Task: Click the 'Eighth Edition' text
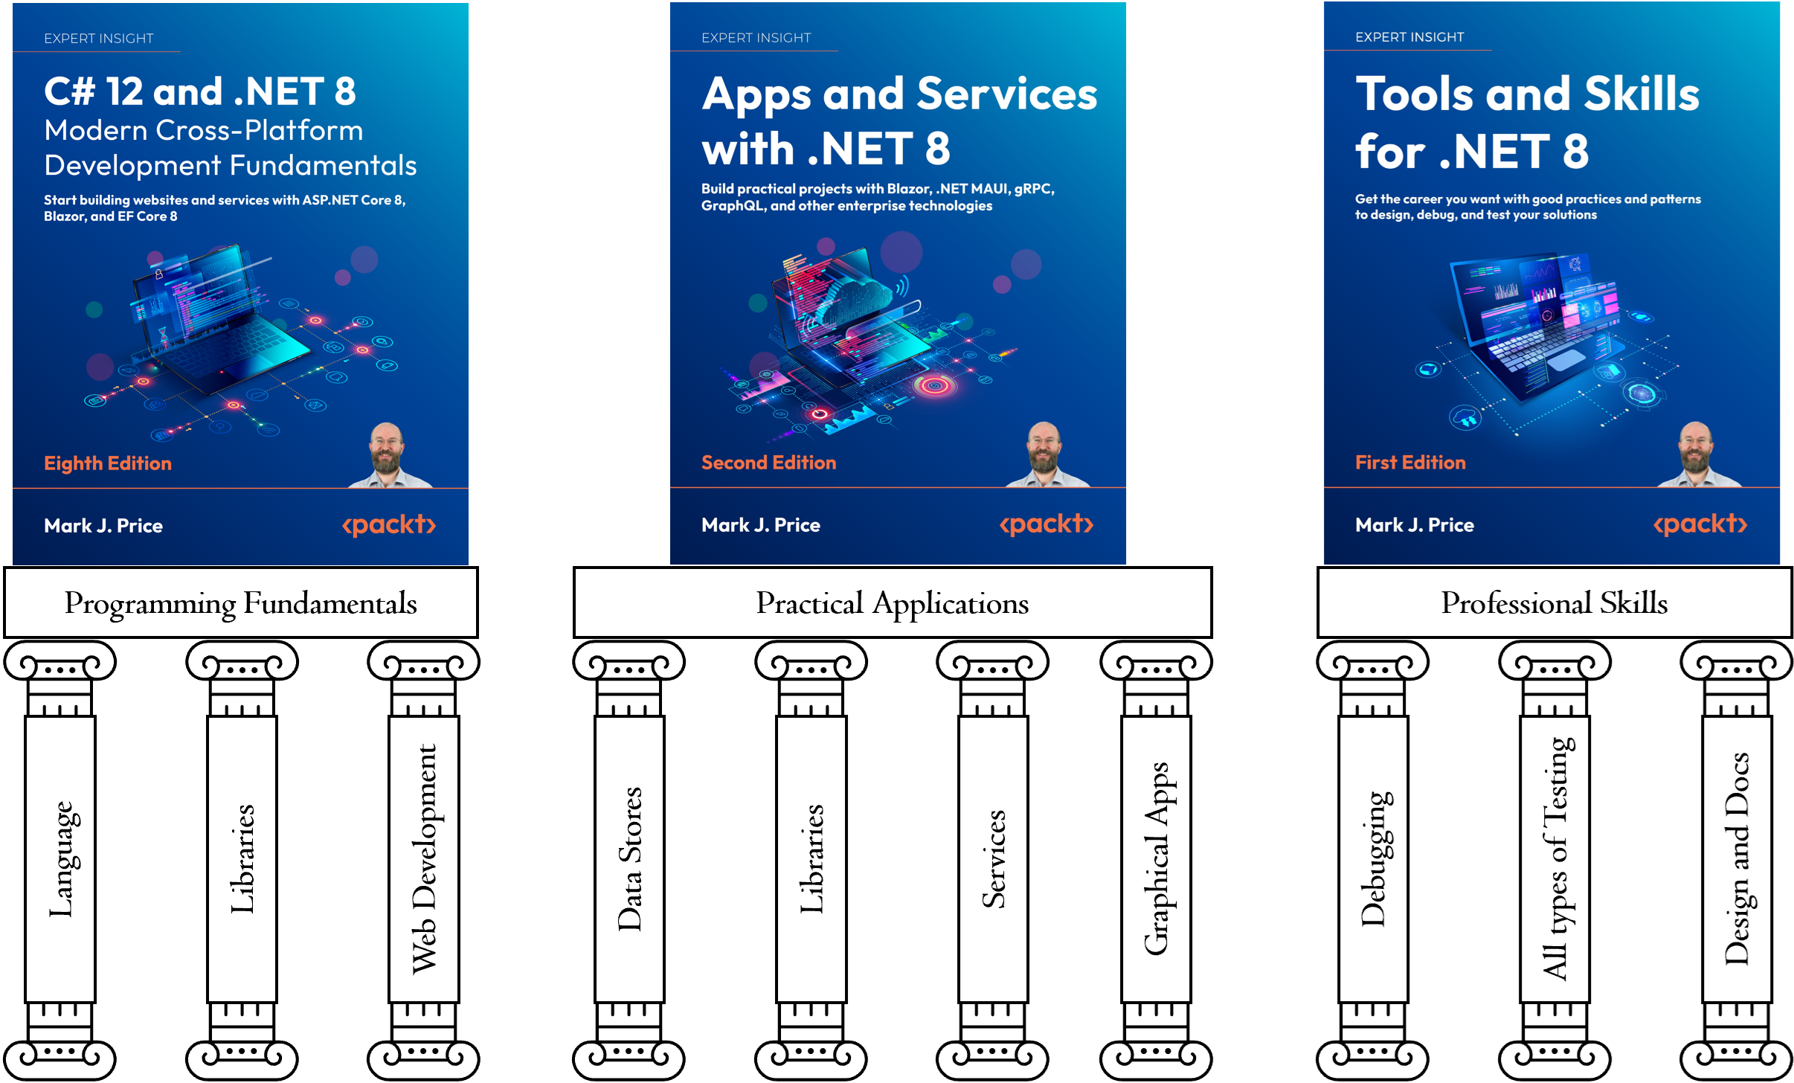(108, 463)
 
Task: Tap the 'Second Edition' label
(768, 463)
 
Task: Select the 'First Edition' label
(1410, 463)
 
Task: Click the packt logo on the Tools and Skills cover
(1700, 524)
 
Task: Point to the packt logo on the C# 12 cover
(388, 525)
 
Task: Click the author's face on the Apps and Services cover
(1044, 447)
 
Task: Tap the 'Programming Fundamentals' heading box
(240, 602)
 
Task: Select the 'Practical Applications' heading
(892, 602)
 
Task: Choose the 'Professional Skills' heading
(1554, 602)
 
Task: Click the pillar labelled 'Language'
(61, 858)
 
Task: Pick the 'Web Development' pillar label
(425, 858)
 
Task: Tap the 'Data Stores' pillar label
(630, 858)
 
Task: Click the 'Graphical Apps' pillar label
(1157, 858)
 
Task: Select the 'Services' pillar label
(994, 858)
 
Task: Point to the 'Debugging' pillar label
(1373, 858)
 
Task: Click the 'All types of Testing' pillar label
(1555, 858)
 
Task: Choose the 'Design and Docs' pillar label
(1737, 858)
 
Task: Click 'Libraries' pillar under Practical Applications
(811, 858)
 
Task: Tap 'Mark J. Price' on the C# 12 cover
(103, 526)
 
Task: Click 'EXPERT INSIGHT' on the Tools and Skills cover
(1409, 37)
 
